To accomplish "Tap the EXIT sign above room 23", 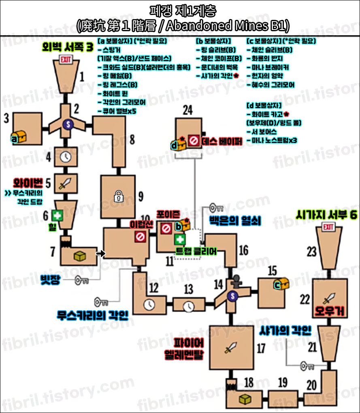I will tap(327, 228).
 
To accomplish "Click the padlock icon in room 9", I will tap(118, 196).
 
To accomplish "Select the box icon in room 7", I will tap(79, 255).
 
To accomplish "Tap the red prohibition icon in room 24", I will tap(194, 141).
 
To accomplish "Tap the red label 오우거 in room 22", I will tap(328, 311).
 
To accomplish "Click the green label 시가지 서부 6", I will tap(326, 215).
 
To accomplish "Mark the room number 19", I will tap(283, 383).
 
